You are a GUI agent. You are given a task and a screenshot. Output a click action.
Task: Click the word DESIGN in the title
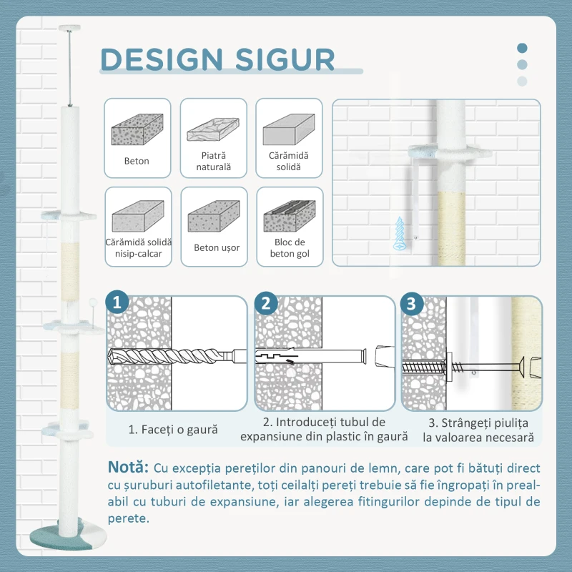coord(162,59)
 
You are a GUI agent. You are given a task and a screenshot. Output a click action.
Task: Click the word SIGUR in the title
coord(285,59)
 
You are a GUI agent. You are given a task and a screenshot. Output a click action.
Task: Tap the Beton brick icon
coord(137,129)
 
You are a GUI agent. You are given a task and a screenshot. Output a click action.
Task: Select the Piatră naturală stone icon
coord(213,129)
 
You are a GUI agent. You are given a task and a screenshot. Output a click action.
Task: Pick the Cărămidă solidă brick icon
coord(289,129)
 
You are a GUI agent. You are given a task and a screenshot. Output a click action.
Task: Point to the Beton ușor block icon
coord(214,216)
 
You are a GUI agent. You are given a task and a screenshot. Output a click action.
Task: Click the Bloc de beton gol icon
coord(290,216)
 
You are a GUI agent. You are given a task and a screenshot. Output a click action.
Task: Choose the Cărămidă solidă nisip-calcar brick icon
coord(138,216)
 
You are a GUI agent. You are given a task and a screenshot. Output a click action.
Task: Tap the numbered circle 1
coord(117,302)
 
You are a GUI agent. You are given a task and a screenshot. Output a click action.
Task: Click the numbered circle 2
coord(266,302)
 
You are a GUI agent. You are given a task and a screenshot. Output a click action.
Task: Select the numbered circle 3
coord(412,303)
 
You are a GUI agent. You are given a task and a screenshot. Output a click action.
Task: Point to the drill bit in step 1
coord(172,356)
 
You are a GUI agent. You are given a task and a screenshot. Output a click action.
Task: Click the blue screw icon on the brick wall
coord(400,234)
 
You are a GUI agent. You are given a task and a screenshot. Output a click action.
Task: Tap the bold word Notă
coord(128,467)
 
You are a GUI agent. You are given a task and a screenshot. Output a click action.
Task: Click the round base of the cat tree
coord(68,536)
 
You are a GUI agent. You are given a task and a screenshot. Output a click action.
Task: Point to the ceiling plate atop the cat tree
coord(69,28)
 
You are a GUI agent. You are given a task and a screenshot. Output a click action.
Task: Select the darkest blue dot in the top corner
coord(522,48)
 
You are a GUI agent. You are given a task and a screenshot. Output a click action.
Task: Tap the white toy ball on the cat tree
coord(93,302)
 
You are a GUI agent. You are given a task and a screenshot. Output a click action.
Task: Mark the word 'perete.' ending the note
coord(129,519)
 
